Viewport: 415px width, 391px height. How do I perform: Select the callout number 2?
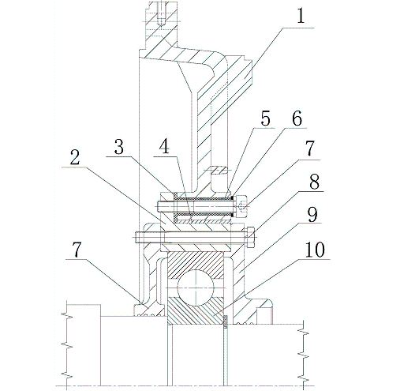coord(75,157)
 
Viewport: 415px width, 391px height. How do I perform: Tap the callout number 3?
coord(119,147)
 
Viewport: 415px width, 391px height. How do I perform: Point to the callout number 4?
coord(165,146)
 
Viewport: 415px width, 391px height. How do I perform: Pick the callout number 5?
coord(265,118)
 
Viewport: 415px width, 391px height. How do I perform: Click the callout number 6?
coord(297,118)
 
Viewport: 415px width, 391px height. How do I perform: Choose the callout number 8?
coord(314,182)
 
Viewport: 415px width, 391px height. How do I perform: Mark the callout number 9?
coord(312,215)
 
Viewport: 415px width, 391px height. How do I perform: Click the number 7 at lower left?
coord(77,250)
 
